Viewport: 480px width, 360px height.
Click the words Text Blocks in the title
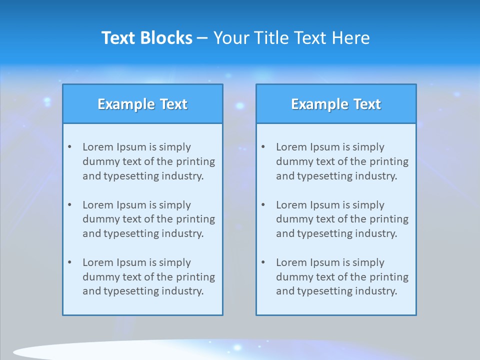pos(146,38)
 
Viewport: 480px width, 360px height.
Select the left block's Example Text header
pos(142,104)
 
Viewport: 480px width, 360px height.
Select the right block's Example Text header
pos(336,104)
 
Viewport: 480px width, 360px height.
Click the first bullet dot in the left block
pos(69,147)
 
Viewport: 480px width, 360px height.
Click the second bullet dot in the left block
pos(69,205)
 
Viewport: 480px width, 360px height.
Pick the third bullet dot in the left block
pos(69,262)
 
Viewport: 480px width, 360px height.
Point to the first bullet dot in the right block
pos(263,147)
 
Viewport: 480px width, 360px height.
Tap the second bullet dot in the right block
pos(263,205)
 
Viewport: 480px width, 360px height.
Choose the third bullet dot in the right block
pos(263,262)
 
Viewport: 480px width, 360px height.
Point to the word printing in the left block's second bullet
pos(196,219)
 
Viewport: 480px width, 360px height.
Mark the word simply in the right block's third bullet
pos(368,262)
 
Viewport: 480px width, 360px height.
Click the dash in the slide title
pos(202,38)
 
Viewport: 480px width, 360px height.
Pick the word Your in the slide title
pos(231,38)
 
